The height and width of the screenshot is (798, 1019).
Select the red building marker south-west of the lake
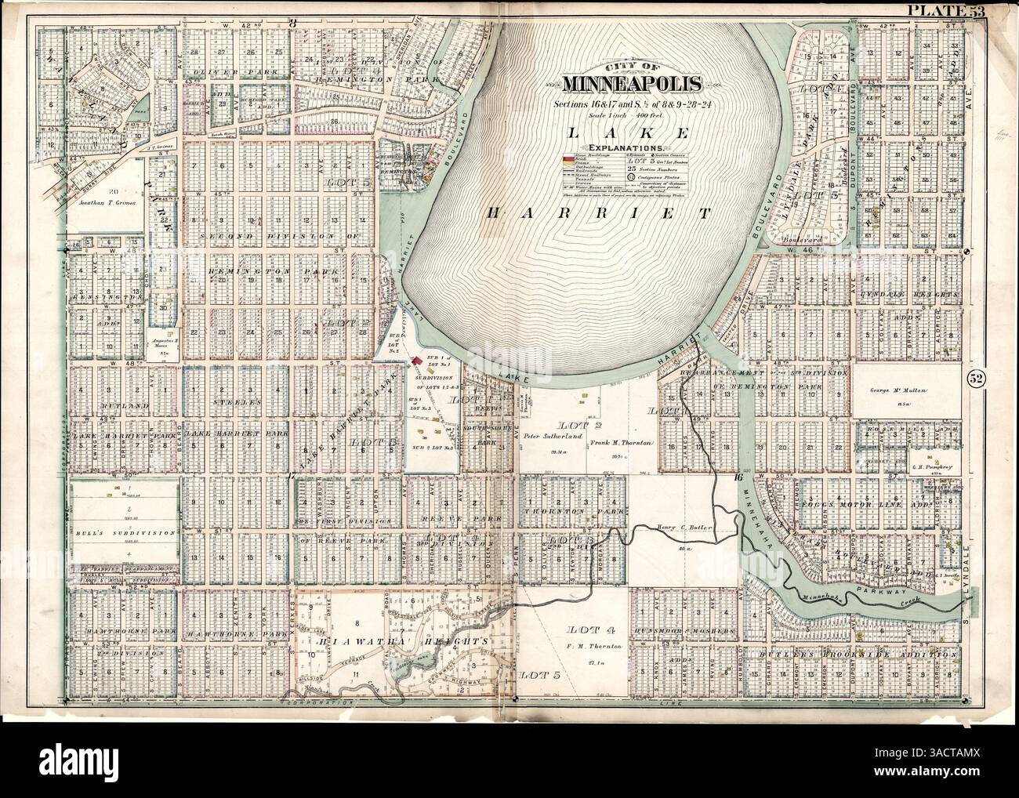pos(417,362)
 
